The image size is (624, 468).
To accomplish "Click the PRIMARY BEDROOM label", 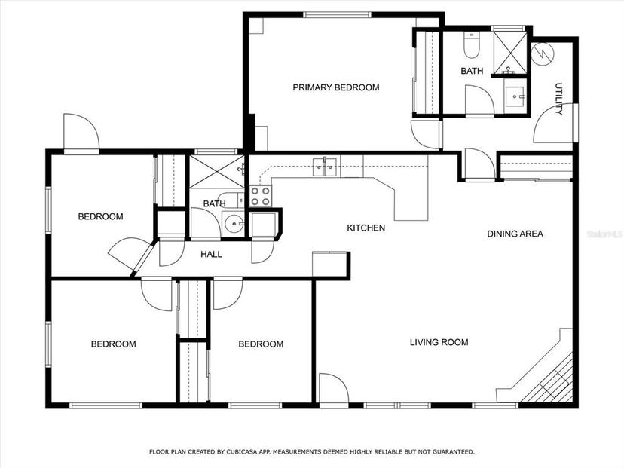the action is coord(336,87).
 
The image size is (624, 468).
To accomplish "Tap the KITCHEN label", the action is coord(366,228).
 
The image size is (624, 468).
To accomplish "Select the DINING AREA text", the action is coord(515,234).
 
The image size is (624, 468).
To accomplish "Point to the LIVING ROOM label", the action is coord(439,342).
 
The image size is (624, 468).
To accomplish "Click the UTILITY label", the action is coord(558,99).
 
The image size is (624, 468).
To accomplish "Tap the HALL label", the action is coord(211,254).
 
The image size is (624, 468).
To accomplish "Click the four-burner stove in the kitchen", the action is coord(260,196).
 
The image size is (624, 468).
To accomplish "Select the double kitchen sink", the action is coord(325,167).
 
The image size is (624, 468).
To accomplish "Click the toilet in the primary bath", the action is coord(472,45).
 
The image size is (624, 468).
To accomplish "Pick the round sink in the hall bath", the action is coord(234,224).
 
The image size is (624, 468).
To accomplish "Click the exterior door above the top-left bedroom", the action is coord(81,133).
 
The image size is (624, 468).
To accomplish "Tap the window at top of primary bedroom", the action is coord(337,15).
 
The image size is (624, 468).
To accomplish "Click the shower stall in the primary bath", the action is coord(510,53).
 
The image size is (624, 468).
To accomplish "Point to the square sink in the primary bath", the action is coord(515,96).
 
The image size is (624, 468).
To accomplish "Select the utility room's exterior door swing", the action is coord(554,123).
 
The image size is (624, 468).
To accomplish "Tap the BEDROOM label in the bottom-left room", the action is coord(113,344).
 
